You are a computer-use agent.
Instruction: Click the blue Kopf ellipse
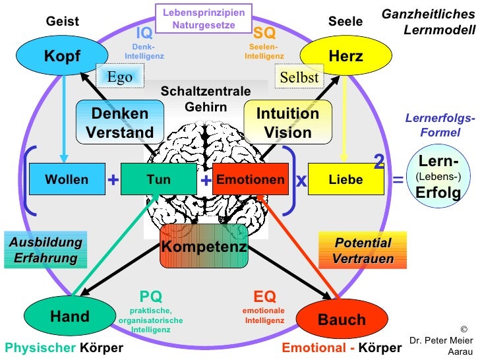click(62, 56)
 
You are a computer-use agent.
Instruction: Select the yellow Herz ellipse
click(345, 56)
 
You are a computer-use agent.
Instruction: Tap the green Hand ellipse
click(69, 316)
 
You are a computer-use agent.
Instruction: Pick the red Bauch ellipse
click(342, 320)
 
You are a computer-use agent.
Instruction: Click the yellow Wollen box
click(67, 180)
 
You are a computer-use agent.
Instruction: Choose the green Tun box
click(159, 180)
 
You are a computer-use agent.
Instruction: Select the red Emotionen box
click(251, 180)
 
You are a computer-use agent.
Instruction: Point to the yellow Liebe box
click(345, 180)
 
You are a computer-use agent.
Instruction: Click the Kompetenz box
click(204, 247)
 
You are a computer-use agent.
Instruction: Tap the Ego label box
click(119, 76)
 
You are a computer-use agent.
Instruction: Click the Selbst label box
click(299, 77)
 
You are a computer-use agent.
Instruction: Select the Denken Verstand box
click(120, 123)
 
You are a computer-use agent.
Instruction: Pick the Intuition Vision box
click(287, 123)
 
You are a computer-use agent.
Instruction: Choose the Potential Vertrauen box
click(363, 251)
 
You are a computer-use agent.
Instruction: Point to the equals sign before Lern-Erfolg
click(398, 179)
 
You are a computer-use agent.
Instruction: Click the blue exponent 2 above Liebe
click(379, 161)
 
